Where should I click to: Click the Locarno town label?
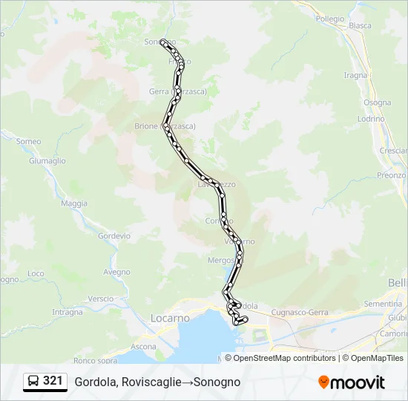coord(170,318)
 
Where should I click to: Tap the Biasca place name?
coord(360,46)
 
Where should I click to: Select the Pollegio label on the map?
coord(330,19)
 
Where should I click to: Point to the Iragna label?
coord(355,75)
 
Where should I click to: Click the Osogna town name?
coord(377,102)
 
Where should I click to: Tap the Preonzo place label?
coord(391,175)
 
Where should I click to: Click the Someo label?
coord(28,141)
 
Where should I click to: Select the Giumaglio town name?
coord(47,160)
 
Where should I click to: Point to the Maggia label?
coord(74,203)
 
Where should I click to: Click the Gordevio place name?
coord(113,235)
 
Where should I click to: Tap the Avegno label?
coord(116,272)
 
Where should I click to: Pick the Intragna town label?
coord(68,312)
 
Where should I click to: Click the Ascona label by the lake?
coord(143,347)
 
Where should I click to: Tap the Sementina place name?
coord(383,304)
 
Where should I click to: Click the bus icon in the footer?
coord(33,382)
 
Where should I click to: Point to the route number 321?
coord(53,381)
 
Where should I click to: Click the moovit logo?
coord(352,382)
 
